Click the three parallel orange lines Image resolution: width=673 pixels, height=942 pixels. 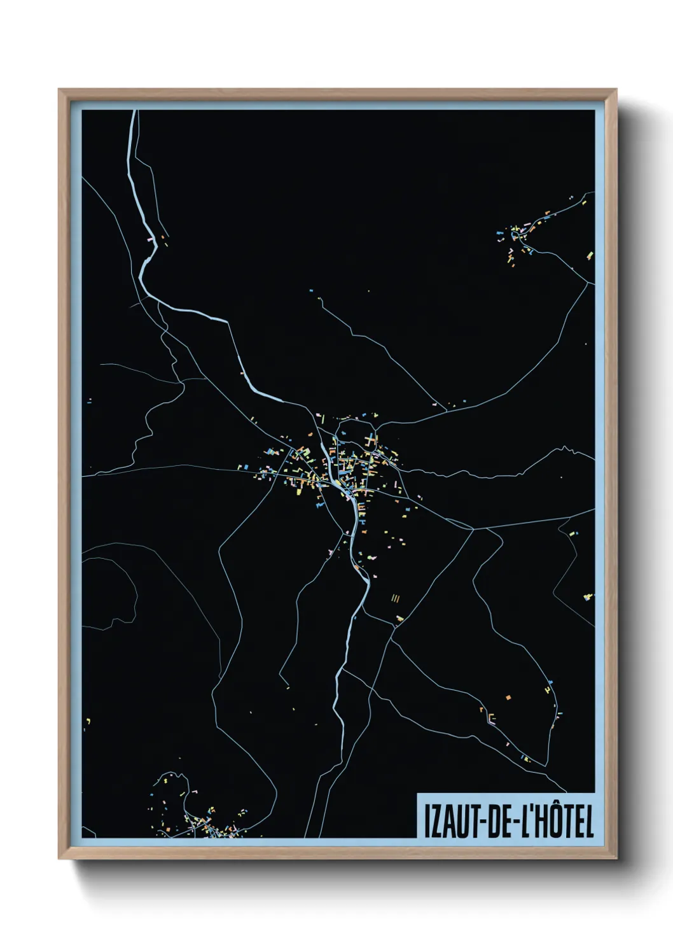[x=396, y=598]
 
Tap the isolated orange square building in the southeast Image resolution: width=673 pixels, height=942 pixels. [x=508, y=697]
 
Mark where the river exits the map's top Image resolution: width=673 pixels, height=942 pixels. [x=134, y=113]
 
